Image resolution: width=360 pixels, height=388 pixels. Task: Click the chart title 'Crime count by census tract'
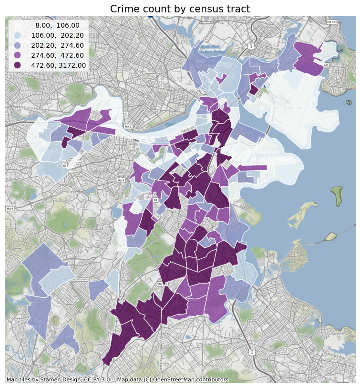pos(180,9)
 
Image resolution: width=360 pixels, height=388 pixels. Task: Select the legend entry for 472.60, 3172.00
pos(60,65)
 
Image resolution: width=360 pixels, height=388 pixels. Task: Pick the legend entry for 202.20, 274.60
pos(60,45)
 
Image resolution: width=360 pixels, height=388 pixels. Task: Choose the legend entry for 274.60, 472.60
pos(60,55)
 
